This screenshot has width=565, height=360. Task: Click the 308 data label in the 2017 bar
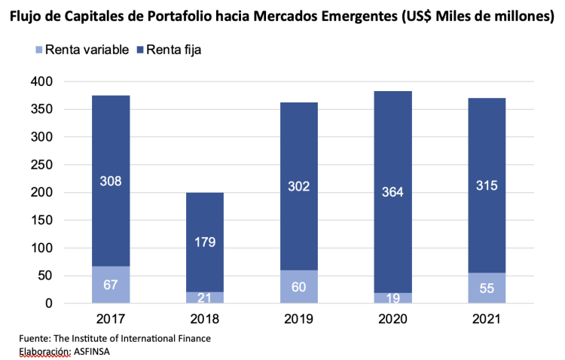pos(111,181)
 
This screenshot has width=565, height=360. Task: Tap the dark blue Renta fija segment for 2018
pos(205,218)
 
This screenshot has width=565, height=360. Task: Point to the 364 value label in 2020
pos(392,191)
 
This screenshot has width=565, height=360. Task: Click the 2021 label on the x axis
pos(487,320)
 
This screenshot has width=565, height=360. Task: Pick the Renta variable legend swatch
pos(38,50)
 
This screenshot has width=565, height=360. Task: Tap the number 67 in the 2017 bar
pos(111,285)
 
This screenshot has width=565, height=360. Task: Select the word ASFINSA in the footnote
pos(94,352)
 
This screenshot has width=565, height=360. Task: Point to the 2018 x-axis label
pos(205,320)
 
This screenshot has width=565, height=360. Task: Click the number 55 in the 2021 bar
pos(487,288)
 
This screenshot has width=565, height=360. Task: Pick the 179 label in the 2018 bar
pos(205,242)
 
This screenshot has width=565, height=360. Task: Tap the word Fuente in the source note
pos(35,339)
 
